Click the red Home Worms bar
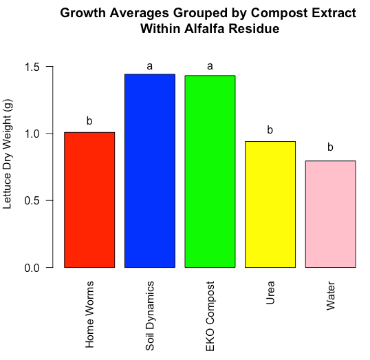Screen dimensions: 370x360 [x=89, y=200]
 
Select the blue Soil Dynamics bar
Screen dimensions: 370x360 [x=150, y=171]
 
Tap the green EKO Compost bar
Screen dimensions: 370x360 [x=210, y=171]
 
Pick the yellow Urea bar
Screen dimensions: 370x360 [x=270, y=204]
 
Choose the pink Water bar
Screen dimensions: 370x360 [x=331, y=214]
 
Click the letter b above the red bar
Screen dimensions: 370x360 [x=89, y=120]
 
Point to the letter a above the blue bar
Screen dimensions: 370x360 [x=150, y=66]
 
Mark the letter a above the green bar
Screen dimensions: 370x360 [x=210, y=66]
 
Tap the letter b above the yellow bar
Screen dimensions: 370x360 [x=270, y=129]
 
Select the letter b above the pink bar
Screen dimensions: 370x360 [x=330, y=147]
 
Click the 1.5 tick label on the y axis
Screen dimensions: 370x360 [x=32, y=67]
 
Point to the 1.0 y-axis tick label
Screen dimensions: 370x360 [x=32, y=134]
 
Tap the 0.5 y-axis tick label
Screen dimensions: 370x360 [x=32, y=201]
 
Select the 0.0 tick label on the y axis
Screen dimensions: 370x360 [x=32, y=268]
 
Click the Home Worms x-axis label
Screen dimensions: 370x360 [x=89, y=315]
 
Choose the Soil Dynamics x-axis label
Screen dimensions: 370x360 [x=150, y=315]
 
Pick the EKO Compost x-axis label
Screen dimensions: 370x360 [x=210, y=317]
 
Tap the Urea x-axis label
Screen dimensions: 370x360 [x=270, y=293]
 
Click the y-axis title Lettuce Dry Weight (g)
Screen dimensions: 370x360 [x=7, y=154]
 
